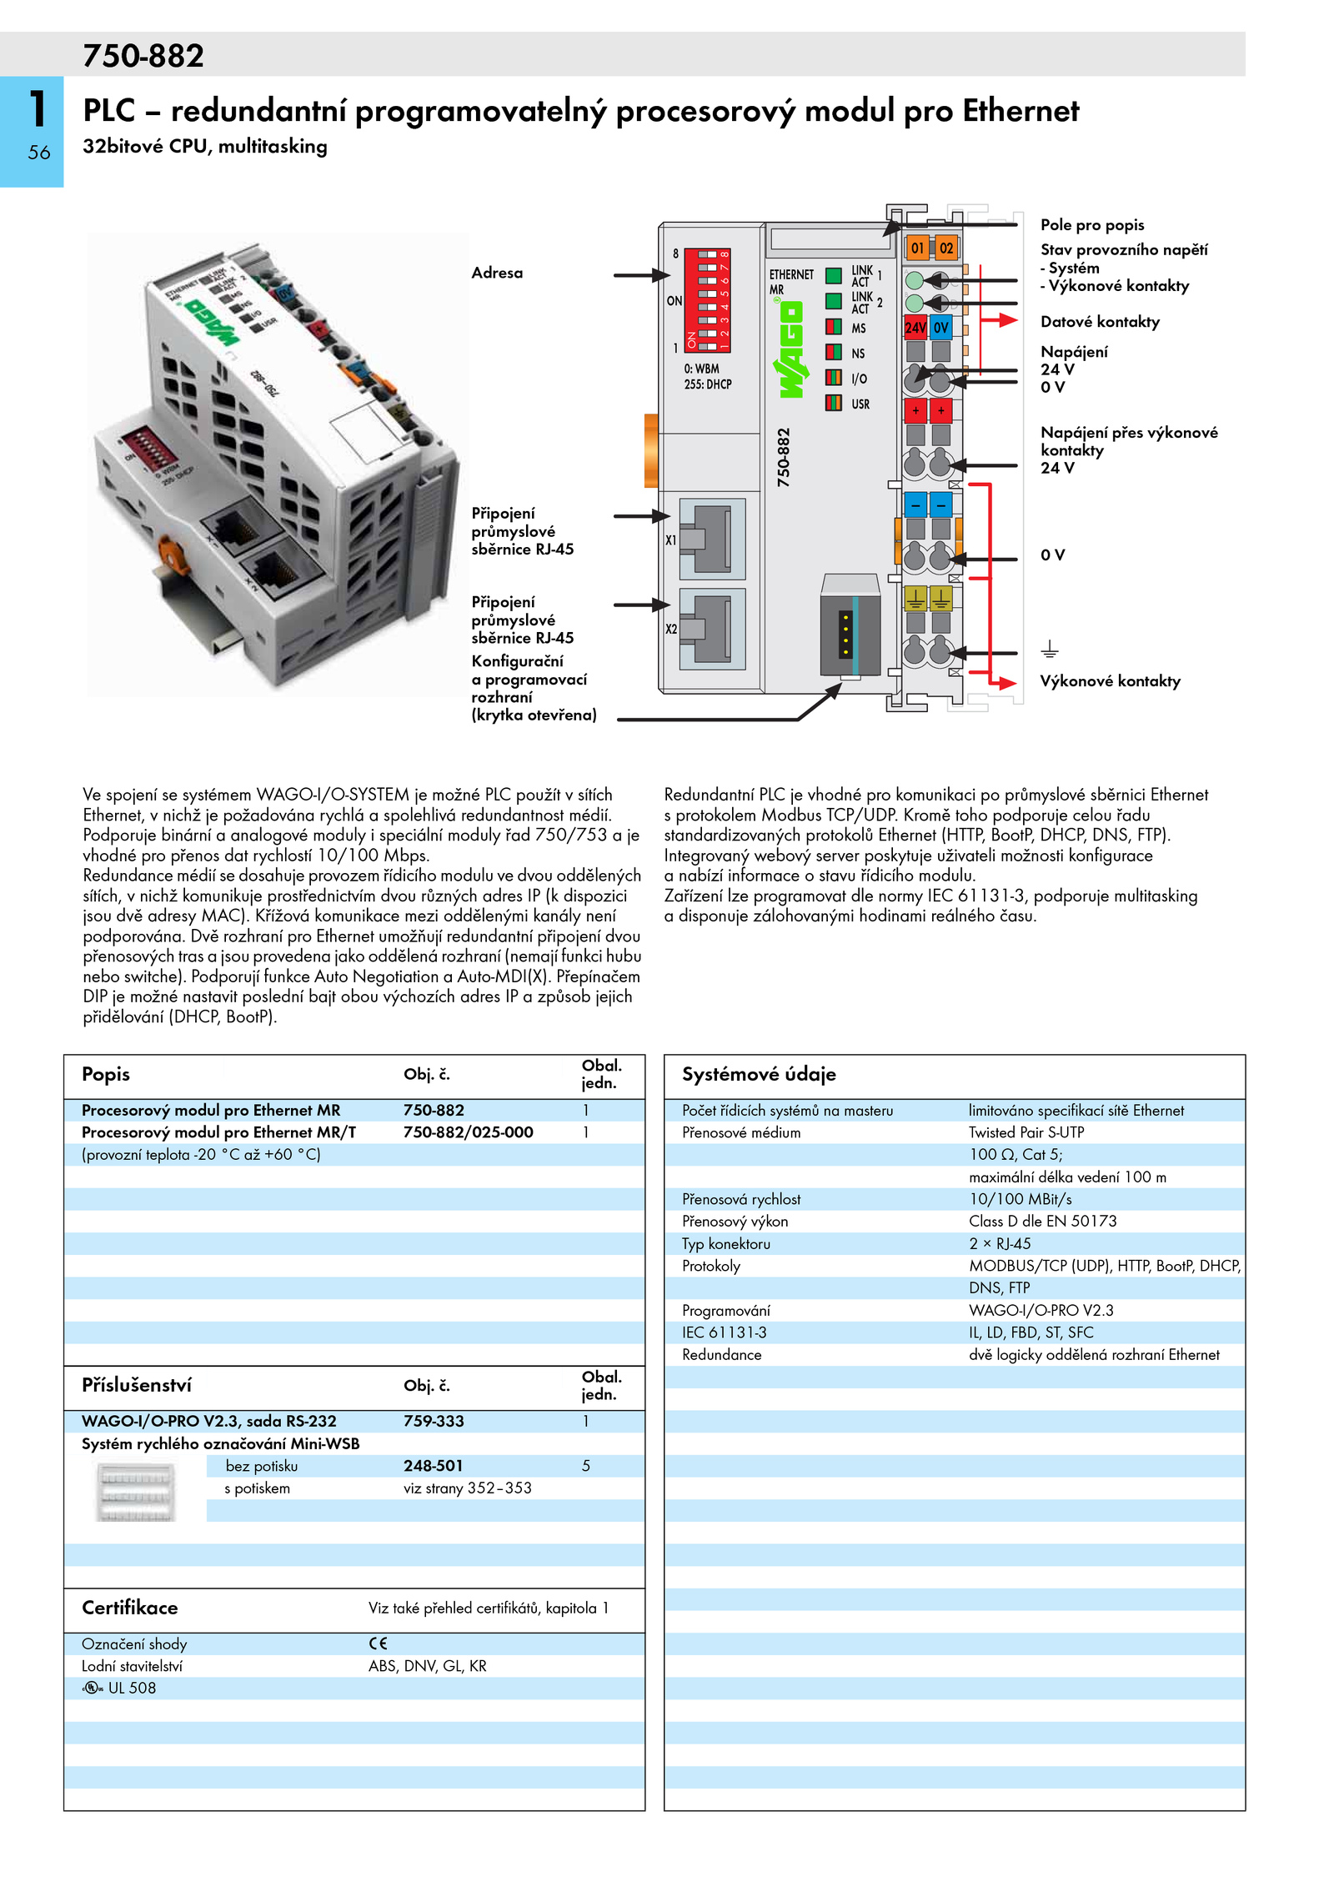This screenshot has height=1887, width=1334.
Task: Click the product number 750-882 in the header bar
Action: click(x=143, y=56)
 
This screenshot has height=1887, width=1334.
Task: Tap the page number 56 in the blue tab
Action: click(x=39, y=153)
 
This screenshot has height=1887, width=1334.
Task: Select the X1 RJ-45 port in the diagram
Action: click(x=712, y=539)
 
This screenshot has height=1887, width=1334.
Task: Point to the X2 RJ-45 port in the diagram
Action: click(x=712, y=629)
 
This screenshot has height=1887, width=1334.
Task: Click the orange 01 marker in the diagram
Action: click(x=917, y=248)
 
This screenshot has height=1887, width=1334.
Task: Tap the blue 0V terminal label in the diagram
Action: click(x=941, y=328)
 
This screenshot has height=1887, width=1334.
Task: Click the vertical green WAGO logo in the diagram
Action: click(x=790, y=349)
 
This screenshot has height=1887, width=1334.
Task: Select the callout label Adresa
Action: click(x=497, y=273)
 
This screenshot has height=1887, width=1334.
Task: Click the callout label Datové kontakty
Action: click(x=1100, y=322)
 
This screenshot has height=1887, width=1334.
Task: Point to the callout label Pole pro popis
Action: click(x=1092, y=225)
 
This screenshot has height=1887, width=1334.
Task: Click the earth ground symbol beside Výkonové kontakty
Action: click(x=1050, y=649)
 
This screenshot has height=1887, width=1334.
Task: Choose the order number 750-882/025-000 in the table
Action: click(x=469, y=1132)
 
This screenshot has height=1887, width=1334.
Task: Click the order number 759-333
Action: click(x=434, y=1421)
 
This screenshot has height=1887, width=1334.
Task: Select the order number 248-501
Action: click(x=433, y=1466)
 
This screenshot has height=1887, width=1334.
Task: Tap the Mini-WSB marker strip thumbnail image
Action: click(x=136, y=1493)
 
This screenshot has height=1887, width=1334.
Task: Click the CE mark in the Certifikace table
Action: click(x=378, y=1644)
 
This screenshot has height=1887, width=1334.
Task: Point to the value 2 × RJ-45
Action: click(x=1000, y=1243)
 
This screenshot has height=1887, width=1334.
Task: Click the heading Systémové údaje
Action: click(x=759, y=1074)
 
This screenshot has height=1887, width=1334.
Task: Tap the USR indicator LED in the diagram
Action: click(x=833, y=403)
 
